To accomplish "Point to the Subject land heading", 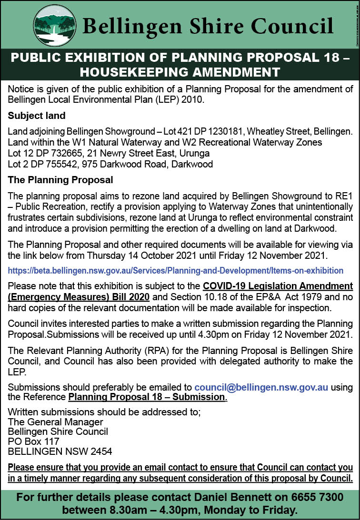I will (x=37, y=116).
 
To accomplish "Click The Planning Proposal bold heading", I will (x=60, y=180).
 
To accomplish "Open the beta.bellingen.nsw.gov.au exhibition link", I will (x=176, y=270).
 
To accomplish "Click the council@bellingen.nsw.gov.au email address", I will (x=261, y=387).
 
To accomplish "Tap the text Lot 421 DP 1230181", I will (x=202, y=131).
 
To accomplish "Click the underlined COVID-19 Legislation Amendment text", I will (x=278, y=286).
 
